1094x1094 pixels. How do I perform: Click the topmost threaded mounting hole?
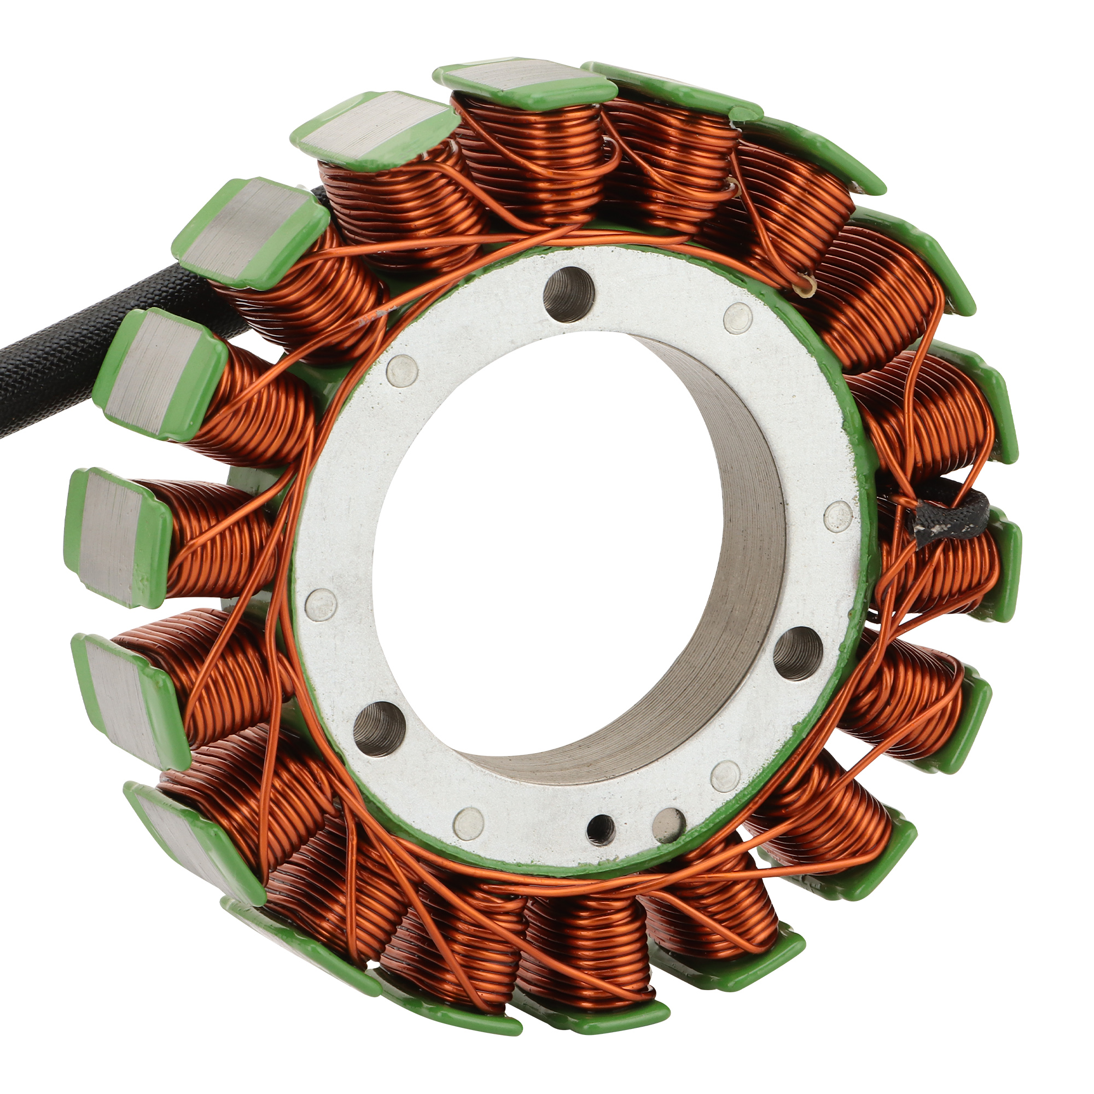coord(568,294)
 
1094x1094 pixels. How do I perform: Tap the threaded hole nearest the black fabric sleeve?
coord(798,653)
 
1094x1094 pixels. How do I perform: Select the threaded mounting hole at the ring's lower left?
coord(379,728)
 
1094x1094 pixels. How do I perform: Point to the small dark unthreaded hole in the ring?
coord(601,830)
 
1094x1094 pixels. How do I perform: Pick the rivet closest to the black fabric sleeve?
coord(837,516)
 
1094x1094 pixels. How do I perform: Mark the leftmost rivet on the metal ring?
coord(321,604)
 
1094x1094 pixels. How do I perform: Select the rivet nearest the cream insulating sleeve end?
coord(738,318)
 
